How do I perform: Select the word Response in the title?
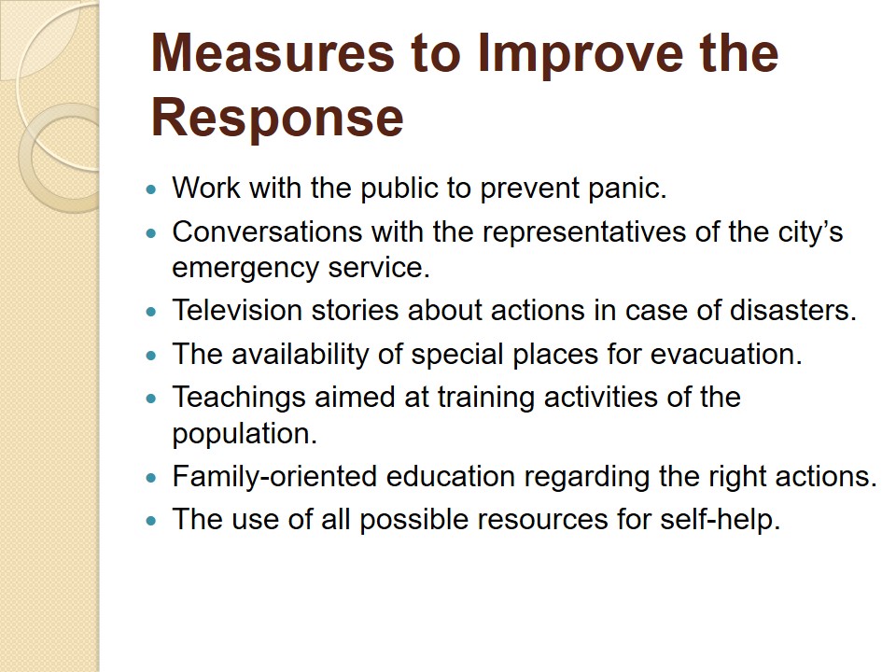277,118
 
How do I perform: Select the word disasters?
793,310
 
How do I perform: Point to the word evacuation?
726,355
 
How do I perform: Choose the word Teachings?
239,398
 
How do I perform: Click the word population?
245,434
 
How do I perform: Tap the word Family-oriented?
274,477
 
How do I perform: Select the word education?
451,477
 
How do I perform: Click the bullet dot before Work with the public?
151,189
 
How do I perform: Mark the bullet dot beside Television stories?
151,312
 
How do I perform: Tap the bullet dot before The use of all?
151,521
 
